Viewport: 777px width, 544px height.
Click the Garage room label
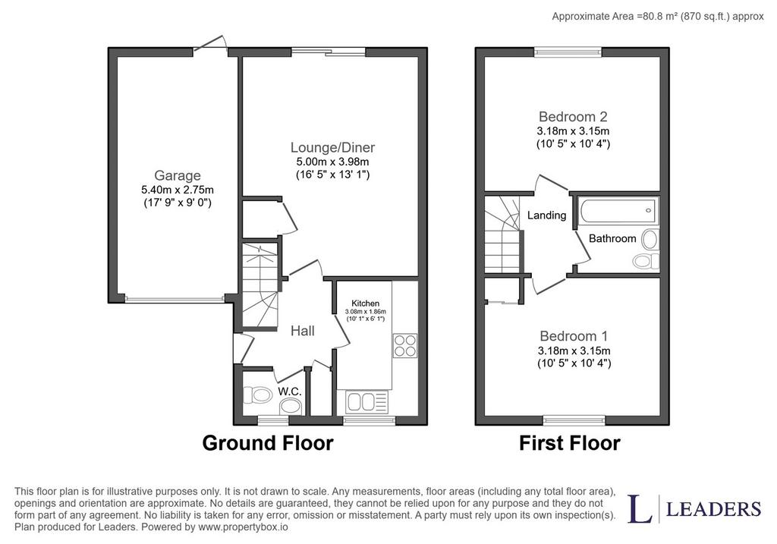tap(178, 175)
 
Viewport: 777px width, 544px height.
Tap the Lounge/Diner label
tap(332, 147)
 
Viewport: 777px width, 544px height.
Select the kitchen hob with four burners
tap(405, 345)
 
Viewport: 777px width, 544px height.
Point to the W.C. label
tap(290, 391)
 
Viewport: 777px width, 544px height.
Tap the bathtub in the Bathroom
tap(618, 210)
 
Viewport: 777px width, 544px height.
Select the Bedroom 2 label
tap(573, 117)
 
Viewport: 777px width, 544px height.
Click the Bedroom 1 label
tap(574, 336)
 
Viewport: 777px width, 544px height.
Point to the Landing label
tap(546, 215)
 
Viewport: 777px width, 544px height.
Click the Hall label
tap(302, 331)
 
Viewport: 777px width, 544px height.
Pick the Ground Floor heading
tap(268, 443)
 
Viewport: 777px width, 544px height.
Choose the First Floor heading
tap(569, 443)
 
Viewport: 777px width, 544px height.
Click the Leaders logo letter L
tap(640, 508)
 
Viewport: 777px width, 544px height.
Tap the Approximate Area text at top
tap(658, 17)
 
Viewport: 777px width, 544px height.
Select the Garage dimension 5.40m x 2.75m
tap(178, 190)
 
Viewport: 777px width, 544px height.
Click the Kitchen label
tap(365, 303)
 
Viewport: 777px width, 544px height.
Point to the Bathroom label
tap(612, 238)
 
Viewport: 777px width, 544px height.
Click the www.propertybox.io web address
tap(243, 527)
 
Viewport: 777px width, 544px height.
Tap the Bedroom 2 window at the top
tap(568, 52)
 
